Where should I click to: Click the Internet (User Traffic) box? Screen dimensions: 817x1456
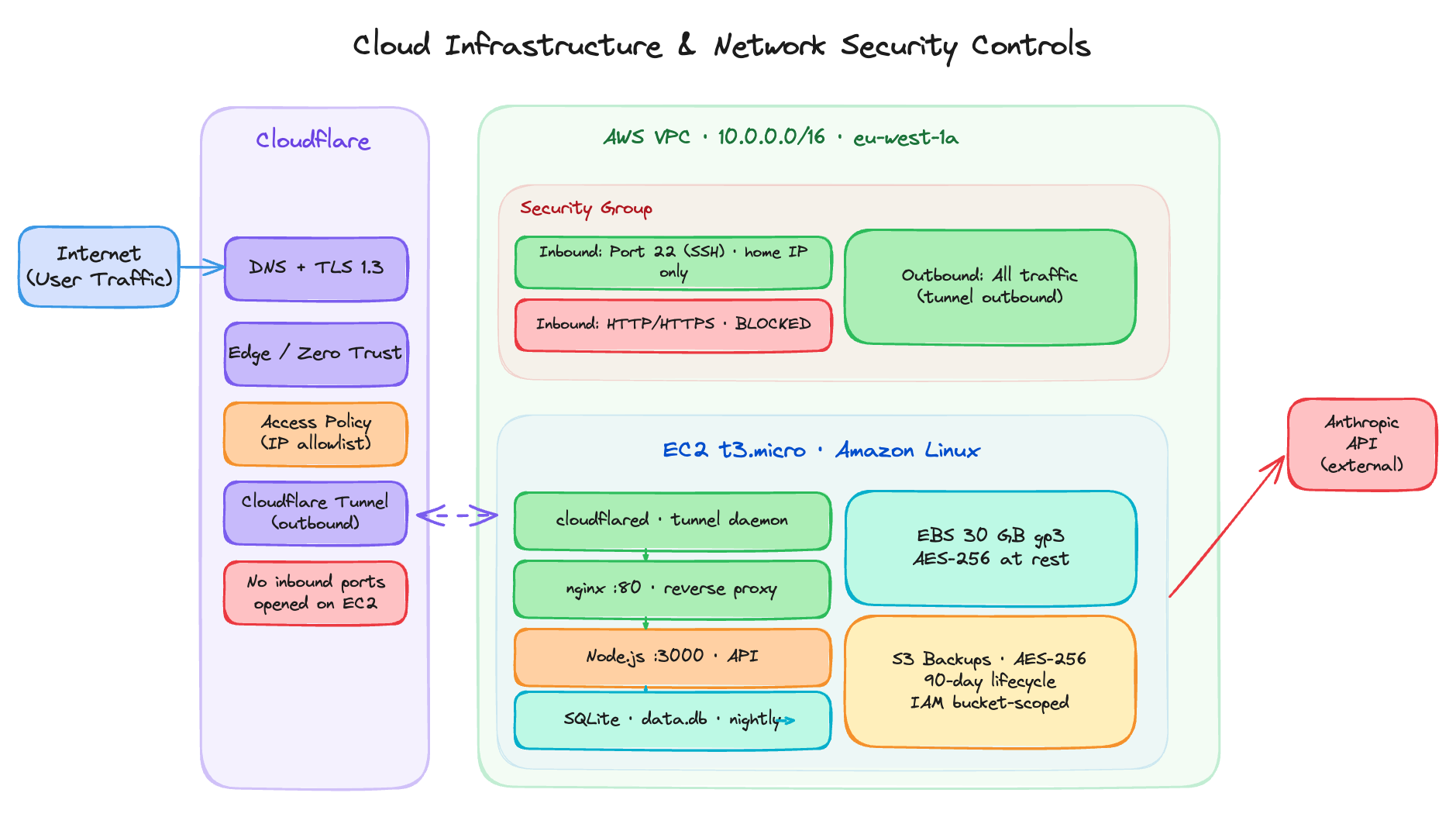[x=98, y=267]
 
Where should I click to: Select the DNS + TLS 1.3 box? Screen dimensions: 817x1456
[x=315, y=268]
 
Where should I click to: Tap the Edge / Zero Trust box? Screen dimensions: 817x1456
[x=315, y=353]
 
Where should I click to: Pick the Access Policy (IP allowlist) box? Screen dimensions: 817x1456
[x=315, y=433]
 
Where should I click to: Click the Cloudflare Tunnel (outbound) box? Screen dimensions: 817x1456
[x=315, y=512]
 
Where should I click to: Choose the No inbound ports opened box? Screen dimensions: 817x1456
[x=315, y=593]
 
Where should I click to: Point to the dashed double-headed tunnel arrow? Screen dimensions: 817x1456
[x=457, y=515]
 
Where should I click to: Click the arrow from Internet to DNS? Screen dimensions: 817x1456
[x=201, y=267]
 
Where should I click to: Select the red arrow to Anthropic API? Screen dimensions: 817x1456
[x=1226, y=527]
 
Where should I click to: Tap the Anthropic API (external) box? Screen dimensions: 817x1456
[x=1361, y=444]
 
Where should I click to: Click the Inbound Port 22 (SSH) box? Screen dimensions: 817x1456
[x=673, y=262]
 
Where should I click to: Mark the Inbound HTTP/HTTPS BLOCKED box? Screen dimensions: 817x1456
[x=673, y=325]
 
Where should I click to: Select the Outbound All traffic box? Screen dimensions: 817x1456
[x=990, y=286]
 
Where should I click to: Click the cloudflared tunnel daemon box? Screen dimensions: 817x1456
[x=672, y=520]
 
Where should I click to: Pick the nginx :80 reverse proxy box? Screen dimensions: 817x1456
[x=672, y=589]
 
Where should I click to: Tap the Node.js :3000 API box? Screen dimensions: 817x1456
[x=672, y=657]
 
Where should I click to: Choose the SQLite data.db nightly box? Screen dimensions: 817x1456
[x=672, y=720]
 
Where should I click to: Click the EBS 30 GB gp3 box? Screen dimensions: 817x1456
[x=990, y=547]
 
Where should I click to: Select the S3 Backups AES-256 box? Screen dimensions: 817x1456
[x=990, y=681]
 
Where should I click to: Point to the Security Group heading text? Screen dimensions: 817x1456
[x=586, y=209]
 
